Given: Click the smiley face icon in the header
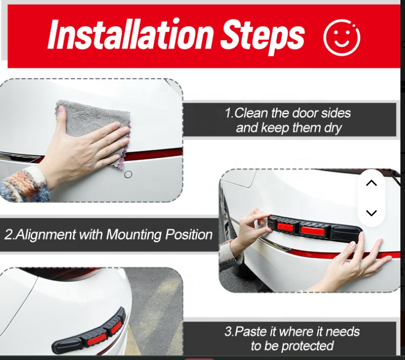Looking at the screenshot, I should (342, 37).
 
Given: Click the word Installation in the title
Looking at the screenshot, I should (131, 36).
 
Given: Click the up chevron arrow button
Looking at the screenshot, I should (372, 183).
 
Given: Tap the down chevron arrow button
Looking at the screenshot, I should (372, 213).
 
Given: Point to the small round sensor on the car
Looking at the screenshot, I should (128, 174).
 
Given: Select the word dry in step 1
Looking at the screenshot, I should (331, 128).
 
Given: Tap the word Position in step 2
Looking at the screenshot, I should (189, 235).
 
